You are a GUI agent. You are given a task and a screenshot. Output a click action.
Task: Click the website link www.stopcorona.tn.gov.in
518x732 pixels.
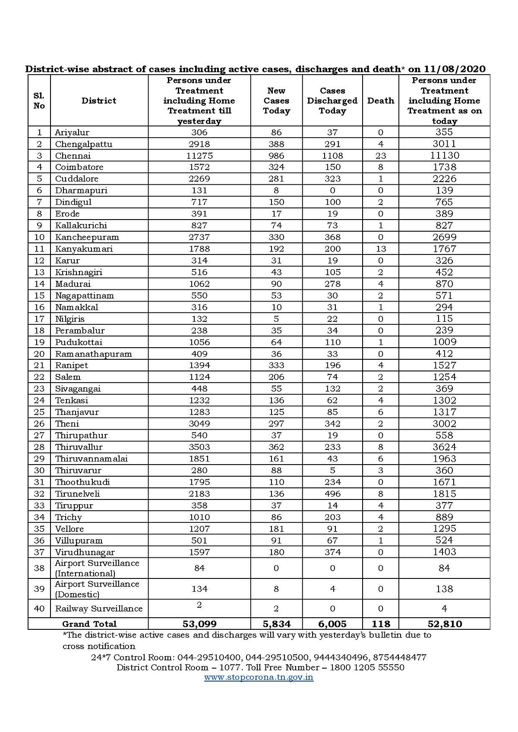259,677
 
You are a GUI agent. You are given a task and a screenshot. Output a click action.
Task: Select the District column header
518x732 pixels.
99,101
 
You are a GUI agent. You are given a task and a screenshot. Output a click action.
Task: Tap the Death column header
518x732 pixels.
380,101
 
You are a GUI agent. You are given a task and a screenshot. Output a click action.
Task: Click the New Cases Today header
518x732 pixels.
276,101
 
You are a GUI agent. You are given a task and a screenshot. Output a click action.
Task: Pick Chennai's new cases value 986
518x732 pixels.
276,156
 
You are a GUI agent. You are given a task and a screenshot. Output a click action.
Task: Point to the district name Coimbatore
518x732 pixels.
79,167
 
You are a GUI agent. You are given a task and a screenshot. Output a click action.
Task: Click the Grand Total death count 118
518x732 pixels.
380,624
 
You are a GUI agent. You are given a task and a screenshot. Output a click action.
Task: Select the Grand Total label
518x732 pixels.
89,624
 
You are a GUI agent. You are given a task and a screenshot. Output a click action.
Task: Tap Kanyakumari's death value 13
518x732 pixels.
380,249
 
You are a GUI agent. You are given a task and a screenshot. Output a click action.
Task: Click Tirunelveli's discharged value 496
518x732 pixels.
332,494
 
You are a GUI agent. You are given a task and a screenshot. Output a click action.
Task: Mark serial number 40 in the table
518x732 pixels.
39,609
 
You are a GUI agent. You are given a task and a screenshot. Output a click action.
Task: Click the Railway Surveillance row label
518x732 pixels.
99,609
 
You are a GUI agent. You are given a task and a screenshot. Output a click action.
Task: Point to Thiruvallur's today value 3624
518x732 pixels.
444,447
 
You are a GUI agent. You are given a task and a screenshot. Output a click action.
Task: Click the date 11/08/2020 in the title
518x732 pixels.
455,69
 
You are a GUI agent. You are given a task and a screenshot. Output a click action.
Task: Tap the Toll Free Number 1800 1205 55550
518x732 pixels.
367,667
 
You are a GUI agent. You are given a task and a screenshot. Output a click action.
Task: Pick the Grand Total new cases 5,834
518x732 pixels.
276,624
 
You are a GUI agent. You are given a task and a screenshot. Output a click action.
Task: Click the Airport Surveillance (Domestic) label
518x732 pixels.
97,589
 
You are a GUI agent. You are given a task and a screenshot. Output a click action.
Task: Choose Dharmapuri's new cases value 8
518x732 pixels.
276,191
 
